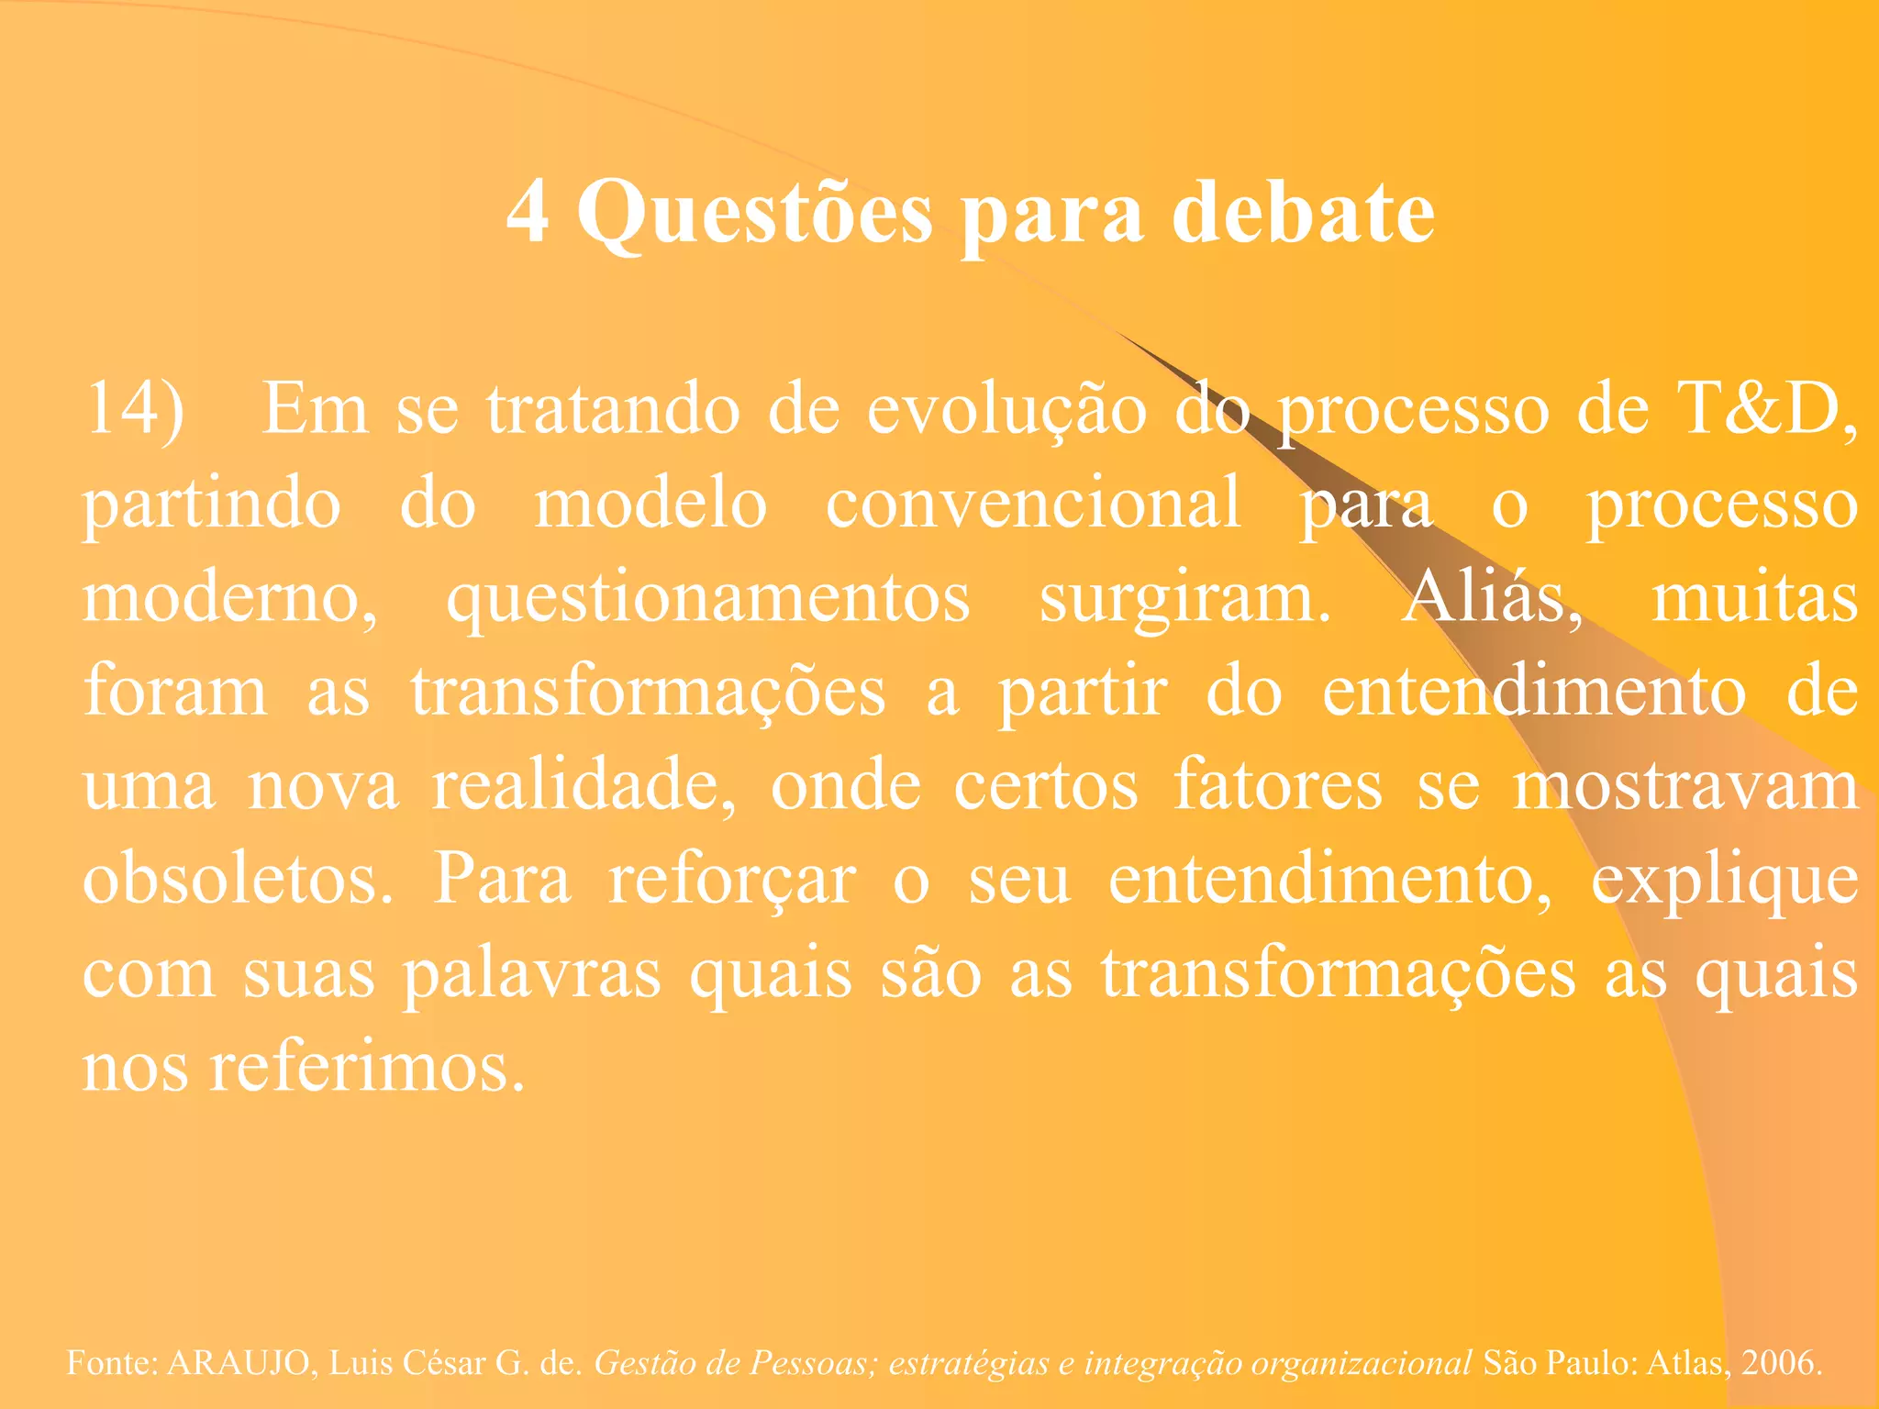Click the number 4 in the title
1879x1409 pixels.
[x=528, y=212]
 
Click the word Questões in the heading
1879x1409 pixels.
[x=755, y=214]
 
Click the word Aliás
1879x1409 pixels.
[x=1492, y=598]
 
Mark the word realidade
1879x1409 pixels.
[x=584, y=786]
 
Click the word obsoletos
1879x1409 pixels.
[x=238, y=879]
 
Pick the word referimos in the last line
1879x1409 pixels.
[x=367, y=1067]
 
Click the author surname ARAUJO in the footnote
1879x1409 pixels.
[x=239, y=1362]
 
